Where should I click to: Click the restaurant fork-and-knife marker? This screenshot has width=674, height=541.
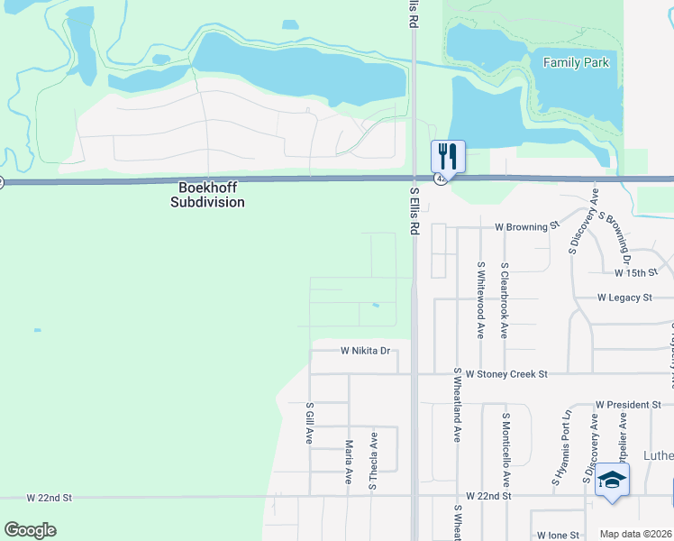click(x=448, y=157)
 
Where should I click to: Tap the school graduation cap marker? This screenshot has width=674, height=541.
click(x=612, y=480)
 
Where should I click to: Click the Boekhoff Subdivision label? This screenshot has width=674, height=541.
click(x=207, y=196)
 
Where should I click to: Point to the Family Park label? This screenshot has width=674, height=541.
click(x=577, y=63)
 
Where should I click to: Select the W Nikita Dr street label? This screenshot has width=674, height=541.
click(x=365, y=351)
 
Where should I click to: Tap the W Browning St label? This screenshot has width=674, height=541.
click(x=527, y=227)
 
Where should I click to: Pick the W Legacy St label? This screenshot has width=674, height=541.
click(x=624, y=298)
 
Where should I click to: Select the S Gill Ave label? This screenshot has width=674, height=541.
click(x=309, y=424)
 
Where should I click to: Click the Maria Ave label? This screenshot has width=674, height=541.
click(x=348, y=462)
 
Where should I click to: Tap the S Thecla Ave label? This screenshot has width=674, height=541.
click(x=372, y=461)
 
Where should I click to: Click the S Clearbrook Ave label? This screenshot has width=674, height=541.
click(x=505, y=300)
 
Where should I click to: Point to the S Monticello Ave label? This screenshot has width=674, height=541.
click(x=506, y=449)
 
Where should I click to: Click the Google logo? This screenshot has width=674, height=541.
click(x=30, y=529)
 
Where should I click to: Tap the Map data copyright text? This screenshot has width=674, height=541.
click(x=636, y=534)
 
